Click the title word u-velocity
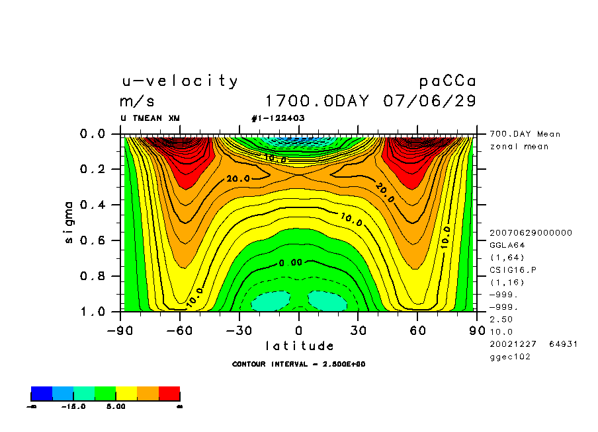[179, 81]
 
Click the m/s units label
[137, 102]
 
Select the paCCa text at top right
[447, 81]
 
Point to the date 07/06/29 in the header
[429, 102]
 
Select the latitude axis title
[299, 345]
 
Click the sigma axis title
[69, 222]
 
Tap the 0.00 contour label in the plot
[290, 262]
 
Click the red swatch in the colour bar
[169, 394]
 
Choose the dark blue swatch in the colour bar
[42, 394]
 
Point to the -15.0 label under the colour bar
[73, 407]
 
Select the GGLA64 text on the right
[506, 244]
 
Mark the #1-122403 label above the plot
[278, 118]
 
